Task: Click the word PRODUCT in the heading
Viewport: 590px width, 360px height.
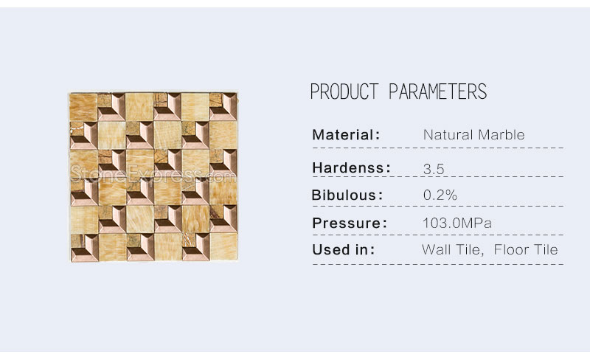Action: [344, 91]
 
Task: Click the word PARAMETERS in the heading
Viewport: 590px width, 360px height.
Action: [437, 91]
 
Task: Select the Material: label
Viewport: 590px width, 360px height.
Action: [346, 134]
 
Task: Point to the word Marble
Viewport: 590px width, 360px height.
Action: [502, 134]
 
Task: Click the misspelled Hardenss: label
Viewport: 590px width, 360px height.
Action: [352, 167]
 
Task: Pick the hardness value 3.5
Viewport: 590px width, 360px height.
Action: [434, 169]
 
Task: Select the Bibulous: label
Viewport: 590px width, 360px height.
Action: [347, 195]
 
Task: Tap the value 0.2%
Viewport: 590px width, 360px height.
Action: [440, 195]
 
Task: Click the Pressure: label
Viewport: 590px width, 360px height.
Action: [350, 223]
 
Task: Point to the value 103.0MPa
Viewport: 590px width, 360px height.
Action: [457, 223]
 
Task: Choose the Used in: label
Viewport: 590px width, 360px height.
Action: [344, 249]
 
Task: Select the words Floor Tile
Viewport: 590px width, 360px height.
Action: [526, 249]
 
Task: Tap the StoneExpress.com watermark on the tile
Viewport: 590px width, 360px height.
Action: [153, 174]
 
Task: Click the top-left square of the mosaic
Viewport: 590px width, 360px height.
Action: [83, 107]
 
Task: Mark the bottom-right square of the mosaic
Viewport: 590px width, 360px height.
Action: [223, 247]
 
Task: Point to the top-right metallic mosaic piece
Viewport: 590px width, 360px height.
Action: [223, 107]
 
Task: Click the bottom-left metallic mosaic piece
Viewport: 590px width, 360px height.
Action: [84, 247]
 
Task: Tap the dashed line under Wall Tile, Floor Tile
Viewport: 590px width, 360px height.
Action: [437, 264]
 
